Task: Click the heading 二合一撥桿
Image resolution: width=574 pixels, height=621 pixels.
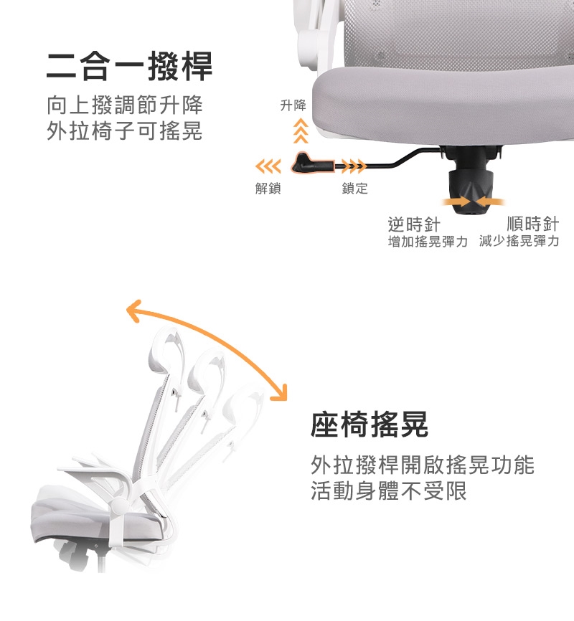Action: point(129,66)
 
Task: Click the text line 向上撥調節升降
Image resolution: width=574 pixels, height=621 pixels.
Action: point(124,105)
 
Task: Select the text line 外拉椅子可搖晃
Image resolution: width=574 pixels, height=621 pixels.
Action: point(124,131)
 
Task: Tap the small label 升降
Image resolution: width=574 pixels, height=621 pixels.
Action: point(293,105)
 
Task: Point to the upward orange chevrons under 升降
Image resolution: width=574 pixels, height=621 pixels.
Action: point(301,131)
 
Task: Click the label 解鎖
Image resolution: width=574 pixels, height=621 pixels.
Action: point(268,188)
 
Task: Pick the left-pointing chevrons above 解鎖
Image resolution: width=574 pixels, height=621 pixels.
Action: point(268,166)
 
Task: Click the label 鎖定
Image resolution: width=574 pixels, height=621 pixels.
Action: point(354,188)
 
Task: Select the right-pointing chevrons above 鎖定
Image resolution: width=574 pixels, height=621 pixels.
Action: point(354,166)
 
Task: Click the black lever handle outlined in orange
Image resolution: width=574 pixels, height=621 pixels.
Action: point(312,163)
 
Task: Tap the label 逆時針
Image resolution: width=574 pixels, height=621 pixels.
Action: point(414,224)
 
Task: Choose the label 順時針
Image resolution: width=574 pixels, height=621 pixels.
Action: point(533,224)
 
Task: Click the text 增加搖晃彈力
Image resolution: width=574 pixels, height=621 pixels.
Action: point(428,241)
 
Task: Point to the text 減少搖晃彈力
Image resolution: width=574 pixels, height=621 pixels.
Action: point(519,241)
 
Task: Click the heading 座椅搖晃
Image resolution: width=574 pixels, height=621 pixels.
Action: point(370,425)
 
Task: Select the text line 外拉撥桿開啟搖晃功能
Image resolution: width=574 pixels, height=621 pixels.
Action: point(423,465)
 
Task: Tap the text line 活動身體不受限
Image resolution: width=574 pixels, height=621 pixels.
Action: point(388,490)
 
